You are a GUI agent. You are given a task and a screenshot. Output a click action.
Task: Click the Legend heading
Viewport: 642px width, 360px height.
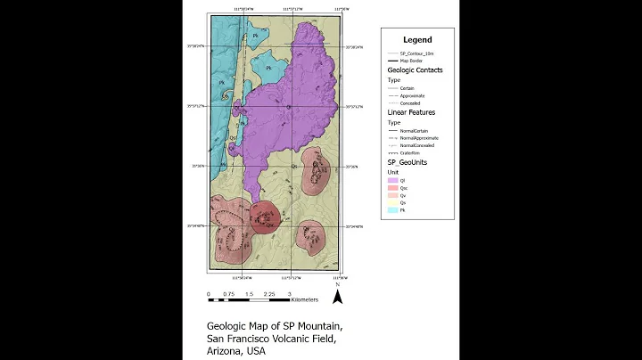[417, 39]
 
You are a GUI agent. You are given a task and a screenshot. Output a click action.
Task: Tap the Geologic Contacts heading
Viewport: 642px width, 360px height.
[415, 70]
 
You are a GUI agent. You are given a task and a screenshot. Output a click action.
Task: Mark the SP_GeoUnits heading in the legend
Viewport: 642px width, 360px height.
[409, 163]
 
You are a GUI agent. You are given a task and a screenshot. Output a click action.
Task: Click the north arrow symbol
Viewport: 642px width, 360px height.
[338, 296]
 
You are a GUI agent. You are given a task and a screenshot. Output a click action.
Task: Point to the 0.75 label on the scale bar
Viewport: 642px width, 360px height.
[228, 293]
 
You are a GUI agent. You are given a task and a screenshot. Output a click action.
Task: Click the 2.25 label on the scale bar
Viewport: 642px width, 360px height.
[268, 293]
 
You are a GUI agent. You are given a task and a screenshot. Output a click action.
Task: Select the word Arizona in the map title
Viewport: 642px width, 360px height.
[226, 351]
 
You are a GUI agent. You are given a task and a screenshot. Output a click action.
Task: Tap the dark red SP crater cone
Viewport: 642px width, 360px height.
[265, 217]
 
